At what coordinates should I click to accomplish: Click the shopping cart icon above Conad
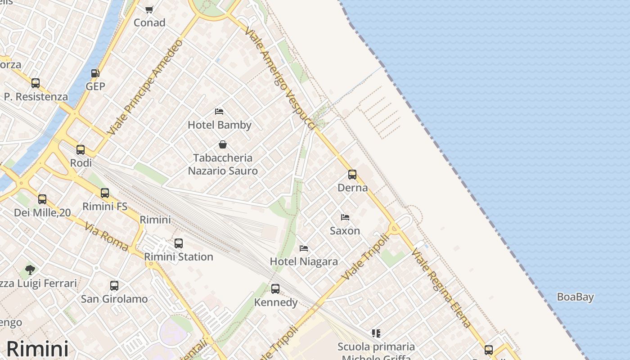pos(149,9)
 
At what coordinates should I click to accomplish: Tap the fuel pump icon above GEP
pos(95,73)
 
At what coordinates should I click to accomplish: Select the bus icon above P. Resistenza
pos(36,83)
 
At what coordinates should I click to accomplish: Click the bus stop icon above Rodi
pos(81,150)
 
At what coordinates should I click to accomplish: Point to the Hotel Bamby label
pos(220,125)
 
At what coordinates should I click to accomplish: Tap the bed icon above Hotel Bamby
pos(219,111)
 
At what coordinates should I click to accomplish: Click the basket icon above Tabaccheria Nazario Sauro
pos(222,144)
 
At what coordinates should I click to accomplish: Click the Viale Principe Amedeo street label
pos(146,87)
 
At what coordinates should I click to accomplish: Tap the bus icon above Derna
pos(352,175)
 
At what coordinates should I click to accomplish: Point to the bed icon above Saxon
pos(345,217)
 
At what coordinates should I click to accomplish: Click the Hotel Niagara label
pos(304,261)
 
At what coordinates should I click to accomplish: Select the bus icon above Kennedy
pos(275,289)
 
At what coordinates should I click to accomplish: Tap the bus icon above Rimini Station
pos(179,243)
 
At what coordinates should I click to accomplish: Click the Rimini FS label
pos(105,207)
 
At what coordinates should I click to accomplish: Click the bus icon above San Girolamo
pos(114,286)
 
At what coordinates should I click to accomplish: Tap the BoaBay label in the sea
pos(575,297)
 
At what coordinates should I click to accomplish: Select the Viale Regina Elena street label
pos(441,288)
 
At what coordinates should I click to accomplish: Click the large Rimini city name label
pos(37,349)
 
